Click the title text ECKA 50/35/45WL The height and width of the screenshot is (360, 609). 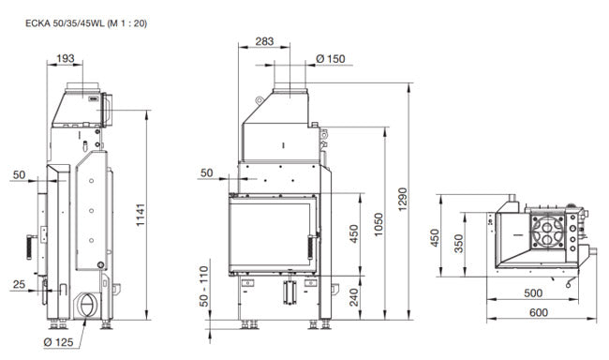(65, 23)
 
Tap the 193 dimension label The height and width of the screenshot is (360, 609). (65, 59)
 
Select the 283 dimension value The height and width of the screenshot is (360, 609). (264, 41)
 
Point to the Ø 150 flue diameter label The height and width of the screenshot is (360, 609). (331, 59)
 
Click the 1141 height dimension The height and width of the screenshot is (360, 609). (141, 215)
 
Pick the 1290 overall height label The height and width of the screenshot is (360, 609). (403, 199)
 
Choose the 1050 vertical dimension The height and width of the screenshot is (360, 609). (379, 224)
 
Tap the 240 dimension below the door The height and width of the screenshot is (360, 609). (354, 297)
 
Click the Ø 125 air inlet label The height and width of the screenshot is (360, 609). (58, 342)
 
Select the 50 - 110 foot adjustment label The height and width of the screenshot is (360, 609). (204, 286)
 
